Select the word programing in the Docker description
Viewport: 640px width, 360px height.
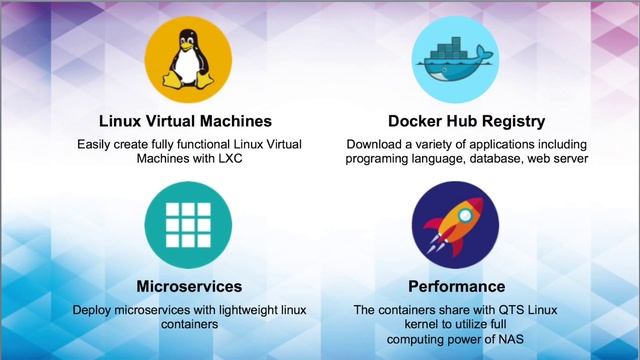(x=379, y=160)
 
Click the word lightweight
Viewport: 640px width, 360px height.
(x=244, y=310)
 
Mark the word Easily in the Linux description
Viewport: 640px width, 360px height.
(x=97, y=145)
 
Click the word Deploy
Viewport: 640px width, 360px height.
(x=94, y=310)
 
